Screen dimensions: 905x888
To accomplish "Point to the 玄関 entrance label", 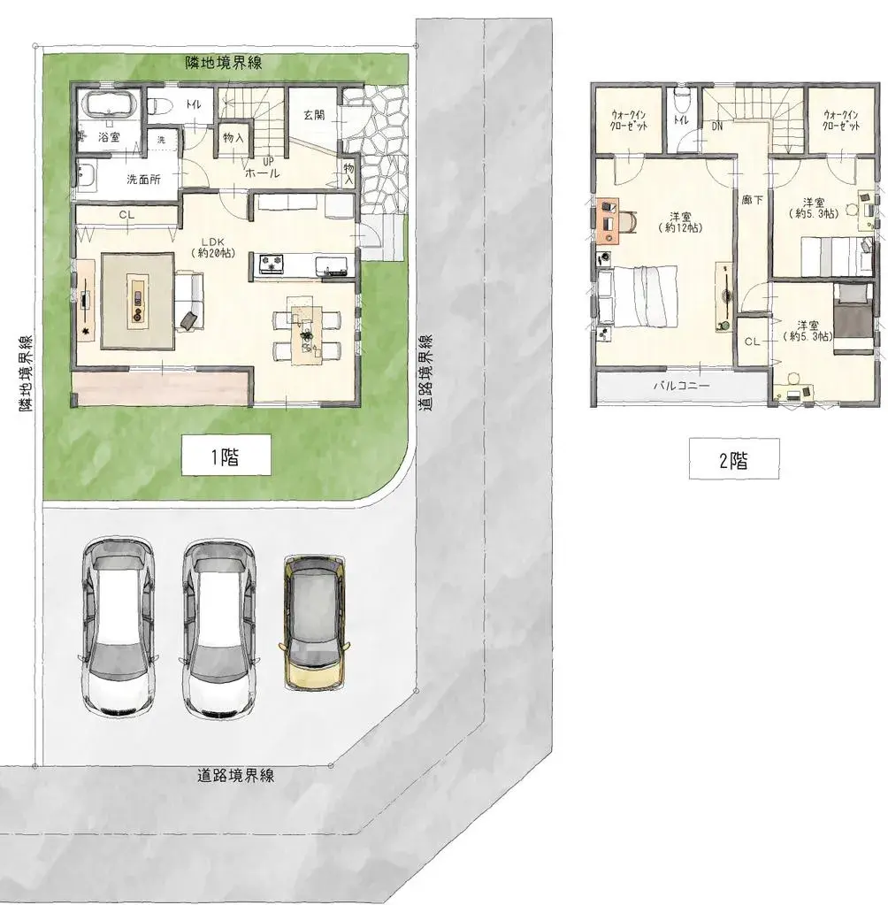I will coord(314,115).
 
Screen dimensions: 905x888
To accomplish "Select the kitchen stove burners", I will coord(272,263).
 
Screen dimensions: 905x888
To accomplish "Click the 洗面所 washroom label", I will coord(143,180).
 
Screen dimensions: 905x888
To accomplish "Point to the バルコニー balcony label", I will coord(682,386).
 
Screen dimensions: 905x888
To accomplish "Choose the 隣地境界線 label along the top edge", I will coord(223,62).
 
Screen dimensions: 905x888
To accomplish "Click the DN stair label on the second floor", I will coord(716,126).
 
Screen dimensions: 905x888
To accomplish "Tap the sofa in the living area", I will coord(189,302).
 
